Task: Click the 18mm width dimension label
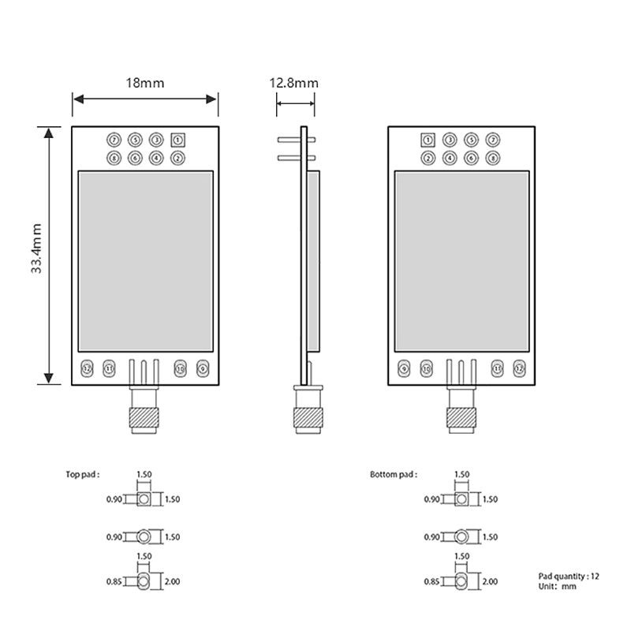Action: point(144,82)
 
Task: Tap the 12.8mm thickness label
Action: point(293,82)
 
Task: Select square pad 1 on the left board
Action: point(177,140)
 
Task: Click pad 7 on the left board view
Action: point(115,140)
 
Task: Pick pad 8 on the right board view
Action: point(493,158)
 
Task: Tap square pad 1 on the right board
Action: point(428,140)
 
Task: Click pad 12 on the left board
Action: point(88,368)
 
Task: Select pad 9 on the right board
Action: point(405,368)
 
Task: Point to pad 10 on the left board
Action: point(180,368)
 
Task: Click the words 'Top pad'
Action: point(83,475)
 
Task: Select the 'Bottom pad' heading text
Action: point(393,475)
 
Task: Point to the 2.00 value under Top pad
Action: point(173,582)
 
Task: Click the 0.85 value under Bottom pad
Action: point(432,582)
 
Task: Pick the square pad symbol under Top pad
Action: point(144,499)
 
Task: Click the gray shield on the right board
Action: point(461,263)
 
